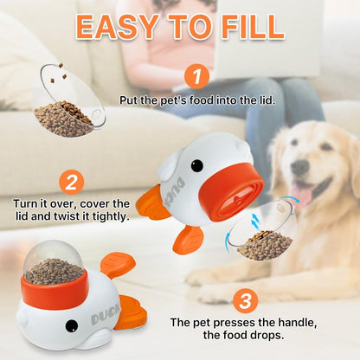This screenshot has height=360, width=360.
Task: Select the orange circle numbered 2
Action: [72, 182]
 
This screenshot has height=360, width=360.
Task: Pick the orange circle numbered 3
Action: [247, 301]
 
